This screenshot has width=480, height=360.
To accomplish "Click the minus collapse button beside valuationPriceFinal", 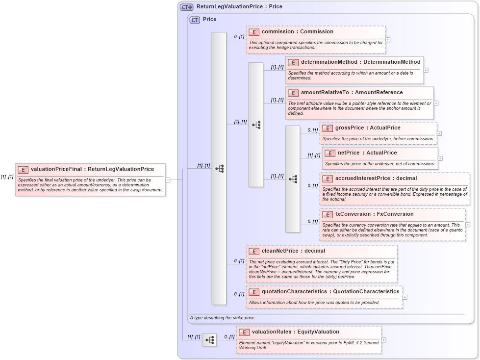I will click(168, 180).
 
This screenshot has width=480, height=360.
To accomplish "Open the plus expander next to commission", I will click(388, 40).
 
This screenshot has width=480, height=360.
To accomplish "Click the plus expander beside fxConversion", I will click(468, 225).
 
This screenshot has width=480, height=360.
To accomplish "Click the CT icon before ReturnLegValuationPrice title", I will click(186, 7).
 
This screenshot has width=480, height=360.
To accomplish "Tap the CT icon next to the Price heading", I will click(195, 20).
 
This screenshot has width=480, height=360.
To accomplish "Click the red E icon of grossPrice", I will click(328, 128).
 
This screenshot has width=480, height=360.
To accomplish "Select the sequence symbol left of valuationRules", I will click(209, 339).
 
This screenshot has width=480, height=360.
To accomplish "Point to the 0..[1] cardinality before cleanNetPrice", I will click(239, 261).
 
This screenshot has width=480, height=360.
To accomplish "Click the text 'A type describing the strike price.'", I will click(223, 318).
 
